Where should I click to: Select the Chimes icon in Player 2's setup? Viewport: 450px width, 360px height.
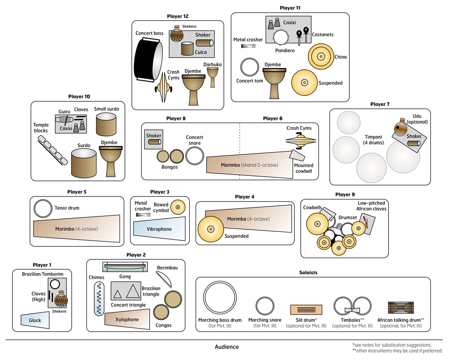click(99, 299)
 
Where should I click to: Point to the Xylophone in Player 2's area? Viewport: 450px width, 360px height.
click(127, 319)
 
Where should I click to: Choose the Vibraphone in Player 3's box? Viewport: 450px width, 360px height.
click(159, 228)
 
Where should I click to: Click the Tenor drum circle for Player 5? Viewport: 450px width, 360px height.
click(43, 209)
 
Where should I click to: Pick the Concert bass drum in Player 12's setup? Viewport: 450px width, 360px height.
click(148, 61)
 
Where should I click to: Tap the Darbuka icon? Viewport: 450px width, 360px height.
click(213, 76)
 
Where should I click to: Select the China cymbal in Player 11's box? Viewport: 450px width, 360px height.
click(321, 57)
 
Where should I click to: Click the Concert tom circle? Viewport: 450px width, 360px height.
click(249, 68)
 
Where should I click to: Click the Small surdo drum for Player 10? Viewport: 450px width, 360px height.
click(106, 124)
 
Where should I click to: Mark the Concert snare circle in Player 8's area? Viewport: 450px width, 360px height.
click(195, 155)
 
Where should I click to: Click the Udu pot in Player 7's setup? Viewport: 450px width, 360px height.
click(401, 128)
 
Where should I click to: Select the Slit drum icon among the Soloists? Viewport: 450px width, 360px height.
click(306, 309)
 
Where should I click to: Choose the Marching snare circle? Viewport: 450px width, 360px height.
click(265, 306)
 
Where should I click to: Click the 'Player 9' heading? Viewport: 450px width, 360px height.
click(345, 194)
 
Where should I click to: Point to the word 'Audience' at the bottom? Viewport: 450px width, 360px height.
click(226, 347)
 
